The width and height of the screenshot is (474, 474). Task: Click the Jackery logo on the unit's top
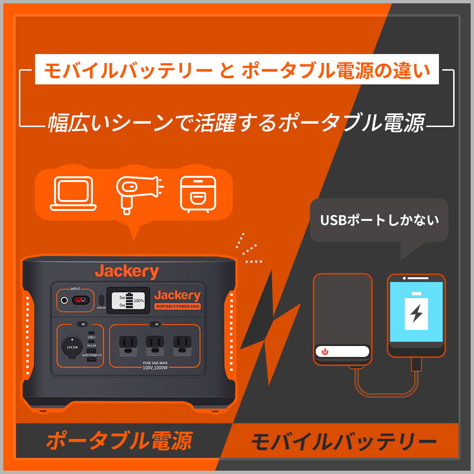127,272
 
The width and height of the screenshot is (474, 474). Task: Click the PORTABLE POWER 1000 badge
178,307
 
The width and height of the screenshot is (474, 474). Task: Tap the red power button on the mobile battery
325,352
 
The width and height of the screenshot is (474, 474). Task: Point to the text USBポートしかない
379,220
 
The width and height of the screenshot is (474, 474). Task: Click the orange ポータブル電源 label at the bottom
118,441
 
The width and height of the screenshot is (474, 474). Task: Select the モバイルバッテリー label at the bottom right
343,443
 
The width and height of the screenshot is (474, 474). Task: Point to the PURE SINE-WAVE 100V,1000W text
155,365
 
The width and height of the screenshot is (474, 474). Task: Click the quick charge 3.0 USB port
91,361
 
